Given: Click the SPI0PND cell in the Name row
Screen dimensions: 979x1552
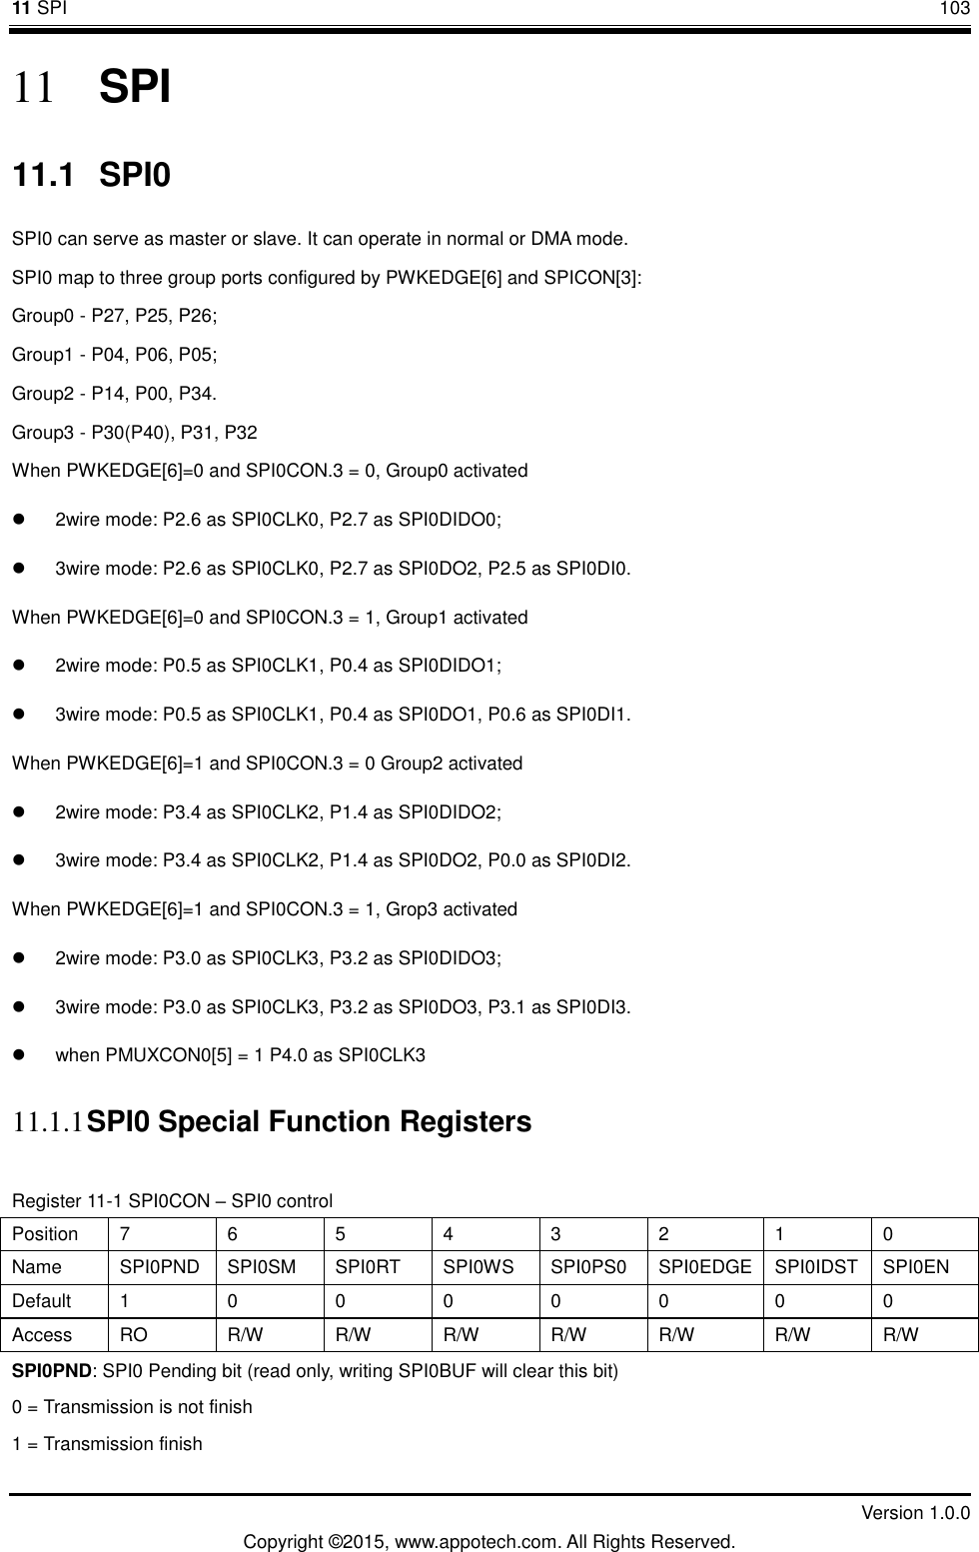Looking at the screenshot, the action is point(159,1267).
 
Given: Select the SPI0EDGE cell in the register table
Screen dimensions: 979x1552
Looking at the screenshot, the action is point(705,1267).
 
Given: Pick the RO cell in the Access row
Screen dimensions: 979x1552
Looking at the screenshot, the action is point(134,1334).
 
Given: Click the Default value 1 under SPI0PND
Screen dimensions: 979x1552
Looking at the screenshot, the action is point(125,1301).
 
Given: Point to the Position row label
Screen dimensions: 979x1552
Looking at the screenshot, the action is point(45,1234).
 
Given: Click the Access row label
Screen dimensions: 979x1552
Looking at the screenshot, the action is point(42,1334).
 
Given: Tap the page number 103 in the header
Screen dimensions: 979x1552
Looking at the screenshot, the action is point(953,9).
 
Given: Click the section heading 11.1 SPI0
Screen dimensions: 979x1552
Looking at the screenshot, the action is point(91,177).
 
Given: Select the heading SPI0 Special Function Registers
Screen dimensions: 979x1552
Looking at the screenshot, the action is point(310,1122).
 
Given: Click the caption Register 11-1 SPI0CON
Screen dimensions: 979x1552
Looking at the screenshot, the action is point(172,1200).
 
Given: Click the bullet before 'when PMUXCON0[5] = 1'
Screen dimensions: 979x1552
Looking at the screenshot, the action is point(19,1055).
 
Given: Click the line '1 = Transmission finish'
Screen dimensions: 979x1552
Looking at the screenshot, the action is point(107,1444).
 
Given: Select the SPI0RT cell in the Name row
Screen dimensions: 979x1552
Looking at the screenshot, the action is point(368,1267).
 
